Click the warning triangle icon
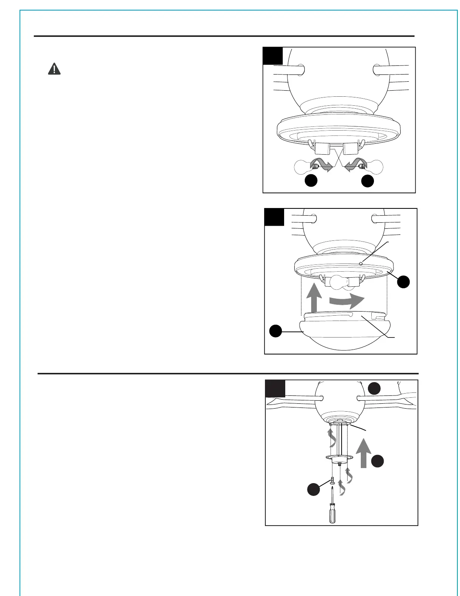tap(54, 69)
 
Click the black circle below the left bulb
tap(311, 181)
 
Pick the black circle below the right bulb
tap(368, 181)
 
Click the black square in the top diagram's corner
tap(272, 56)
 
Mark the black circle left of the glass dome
tap(276, 331)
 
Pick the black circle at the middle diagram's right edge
tap(404, 282)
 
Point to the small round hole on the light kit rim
tap(360, 263)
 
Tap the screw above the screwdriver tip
tap(332, 480)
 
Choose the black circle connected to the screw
tap(313, 490)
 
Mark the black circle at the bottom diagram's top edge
tap(374, 389)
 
